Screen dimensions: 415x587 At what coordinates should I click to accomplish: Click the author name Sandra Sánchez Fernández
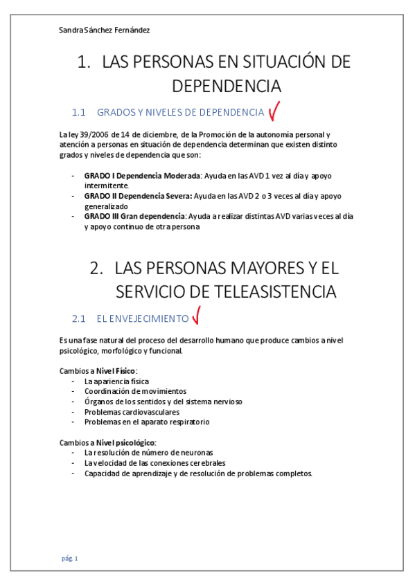105,30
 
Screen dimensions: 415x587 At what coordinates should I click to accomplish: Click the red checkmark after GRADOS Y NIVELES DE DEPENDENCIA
274,110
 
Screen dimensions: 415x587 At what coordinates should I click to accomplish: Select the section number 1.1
78,112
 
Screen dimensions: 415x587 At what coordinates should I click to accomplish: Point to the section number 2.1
78,318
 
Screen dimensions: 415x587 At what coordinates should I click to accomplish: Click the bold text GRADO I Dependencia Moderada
142,176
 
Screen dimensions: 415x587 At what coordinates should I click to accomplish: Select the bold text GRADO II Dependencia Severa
138,196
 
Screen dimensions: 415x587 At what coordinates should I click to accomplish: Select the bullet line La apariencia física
116,381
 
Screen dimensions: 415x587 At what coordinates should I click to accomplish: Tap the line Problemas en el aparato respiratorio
146,422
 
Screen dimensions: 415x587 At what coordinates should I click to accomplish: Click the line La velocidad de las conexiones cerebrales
154,463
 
